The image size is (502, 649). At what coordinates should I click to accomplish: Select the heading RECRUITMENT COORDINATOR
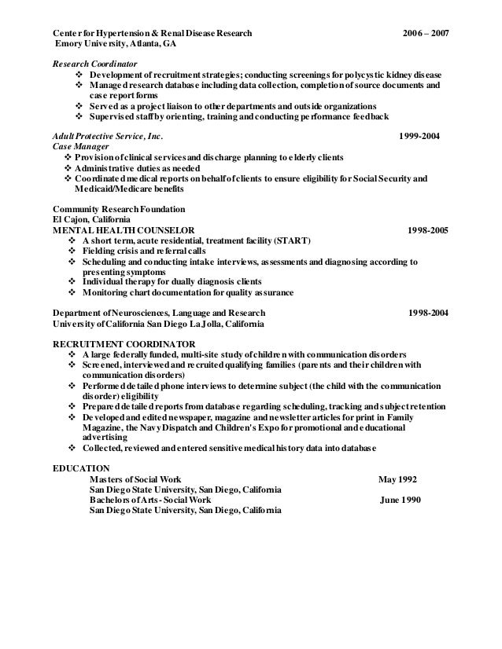[x=124, y=344]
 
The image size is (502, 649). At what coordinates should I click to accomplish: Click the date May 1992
[x=398, y=478]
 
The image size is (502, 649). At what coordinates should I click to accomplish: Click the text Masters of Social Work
[x=137, y=478]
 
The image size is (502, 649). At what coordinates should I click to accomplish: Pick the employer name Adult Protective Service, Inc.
[x=108, y=136]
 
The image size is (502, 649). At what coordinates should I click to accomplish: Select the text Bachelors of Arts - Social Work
[x=154, y=500]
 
